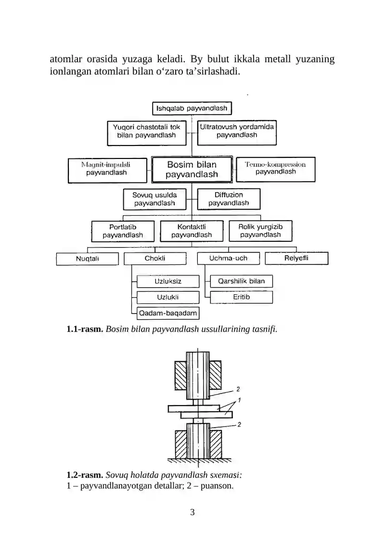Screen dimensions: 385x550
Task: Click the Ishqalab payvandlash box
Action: pyautogui.click(x=192, y=108)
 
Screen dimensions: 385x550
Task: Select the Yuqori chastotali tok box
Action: pyautogui.click(x=147, y=133)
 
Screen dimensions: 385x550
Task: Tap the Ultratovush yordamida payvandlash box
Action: pyautogui.click(x=237, y=132)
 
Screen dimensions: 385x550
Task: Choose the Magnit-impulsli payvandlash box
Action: pyautogui.click(x=107, y=170)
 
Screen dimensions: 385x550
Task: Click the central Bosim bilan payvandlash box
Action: pyautogui.click(x=192, y=170)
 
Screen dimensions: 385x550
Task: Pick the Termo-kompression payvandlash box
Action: pyautogui.click(x=276, y=170)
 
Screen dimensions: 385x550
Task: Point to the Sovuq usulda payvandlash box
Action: pyautogui.click(x=154, y=199)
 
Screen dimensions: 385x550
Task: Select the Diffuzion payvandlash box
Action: pyautogui.click(x=229, y=199)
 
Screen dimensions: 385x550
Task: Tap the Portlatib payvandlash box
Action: pyautogui.click(x=123, y=231)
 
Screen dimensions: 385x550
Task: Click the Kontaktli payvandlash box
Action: pyautogui.click(x=192, y=231)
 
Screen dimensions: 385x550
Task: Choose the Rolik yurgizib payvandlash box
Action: pyautogui.click(x=260, y=231)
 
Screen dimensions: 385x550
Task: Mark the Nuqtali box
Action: pyautogui.click(x=87, y=259)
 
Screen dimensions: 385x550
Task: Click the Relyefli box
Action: pyautogui.click(x=296, y=258)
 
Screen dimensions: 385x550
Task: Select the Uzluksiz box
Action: pyautogui.click(x=168, y=281)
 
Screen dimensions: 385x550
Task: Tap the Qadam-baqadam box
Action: pyautogui.click(x=168, y=313)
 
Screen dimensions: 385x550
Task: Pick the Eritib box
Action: pyautogui.click(x=241, y=297)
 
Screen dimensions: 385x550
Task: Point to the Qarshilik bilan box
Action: pyautogui.click(x=241, y=281)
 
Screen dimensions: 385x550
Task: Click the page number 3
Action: pyautogui.click(x=192, y=512)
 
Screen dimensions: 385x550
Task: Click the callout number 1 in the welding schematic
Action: pyautogui.click(x=240, y=400)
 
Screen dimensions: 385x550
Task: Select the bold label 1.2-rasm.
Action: pyautogui.click(x=85, y=475)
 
